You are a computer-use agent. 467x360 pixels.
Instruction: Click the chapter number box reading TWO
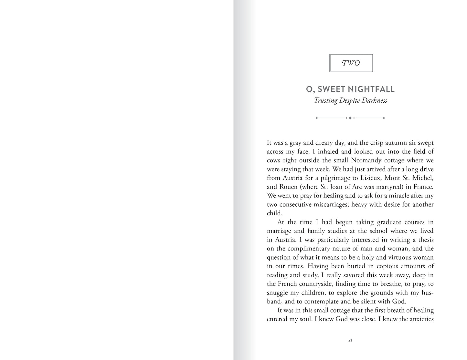coord(351,63)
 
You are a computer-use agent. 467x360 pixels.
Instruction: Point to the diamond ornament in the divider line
coord(350,118)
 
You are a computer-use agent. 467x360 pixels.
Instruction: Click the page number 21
coord(350,340)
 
